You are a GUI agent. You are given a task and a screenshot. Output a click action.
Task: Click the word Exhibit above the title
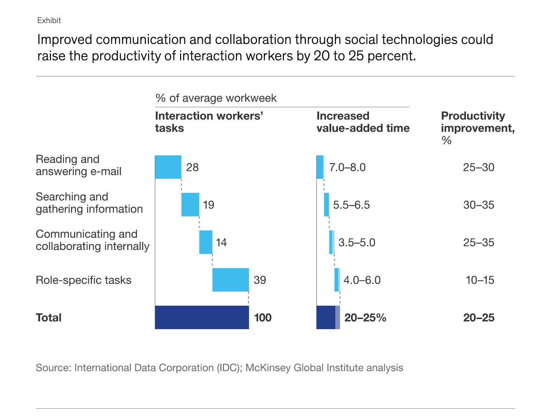coord(49,20)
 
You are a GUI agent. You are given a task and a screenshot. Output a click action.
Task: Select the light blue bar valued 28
coord(168,167)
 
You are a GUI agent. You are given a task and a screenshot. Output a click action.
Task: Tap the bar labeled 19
coord(190,205)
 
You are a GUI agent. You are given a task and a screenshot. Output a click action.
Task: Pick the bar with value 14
coord(206,242)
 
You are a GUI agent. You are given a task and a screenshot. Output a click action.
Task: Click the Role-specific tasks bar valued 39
coord(230,280)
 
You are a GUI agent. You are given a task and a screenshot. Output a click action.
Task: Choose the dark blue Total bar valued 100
coord(202,318)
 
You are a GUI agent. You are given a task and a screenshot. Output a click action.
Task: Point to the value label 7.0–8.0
coord(347,168)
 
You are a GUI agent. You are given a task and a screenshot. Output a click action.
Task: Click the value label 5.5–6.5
coord(351,205)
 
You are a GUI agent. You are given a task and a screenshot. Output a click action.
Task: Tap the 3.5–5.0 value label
coord(356,243)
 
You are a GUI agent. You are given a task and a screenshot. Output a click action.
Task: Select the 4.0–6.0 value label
coord(362,280)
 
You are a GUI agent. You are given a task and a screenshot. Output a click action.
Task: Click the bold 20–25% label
coord(365,318)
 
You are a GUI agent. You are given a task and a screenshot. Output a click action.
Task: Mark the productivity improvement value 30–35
coord(479,205)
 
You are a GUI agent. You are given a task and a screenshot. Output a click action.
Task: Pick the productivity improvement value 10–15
coord(480,280)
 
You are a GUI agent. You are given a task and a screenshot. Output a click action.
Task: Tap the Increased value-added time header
coord(363,122)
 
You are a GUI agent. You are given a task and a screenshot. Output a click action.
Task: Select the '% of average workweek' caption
coord(216,98)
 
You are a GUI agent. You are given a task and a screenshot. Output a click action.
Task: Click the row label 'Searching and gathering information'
coord(89,203)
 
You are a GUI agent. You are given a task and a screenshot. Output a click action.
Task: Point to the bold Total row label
coord(49,318)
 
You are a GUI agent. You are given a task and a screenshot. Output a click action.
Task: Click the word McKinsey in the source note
coord(268,368)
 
